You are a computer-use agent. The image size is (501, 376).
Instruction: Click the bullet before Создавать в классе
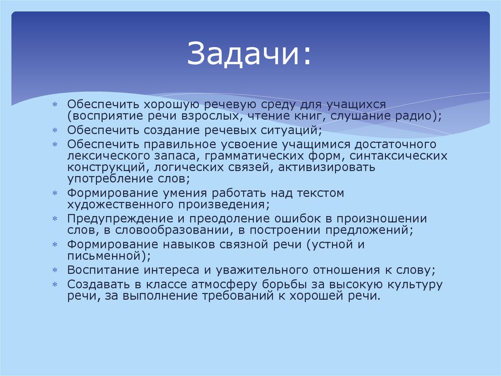click(x=55, y=284)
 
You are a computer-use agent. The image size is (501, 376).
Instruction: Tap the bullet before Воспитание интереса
click(x=55, y=270)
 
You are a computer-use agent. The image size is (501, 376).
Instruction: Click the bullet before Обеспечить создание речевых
click(x=55, y=131)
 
